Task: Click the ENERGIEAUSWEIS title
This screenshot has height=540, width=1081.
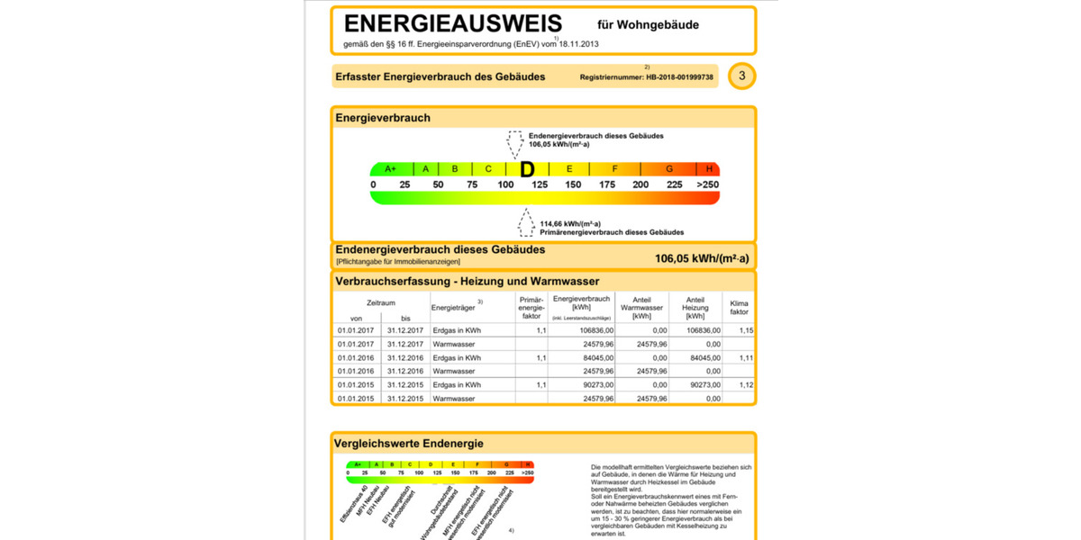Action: (x=452, y=24)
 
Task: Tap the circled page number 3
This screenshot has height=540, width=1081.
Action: (x=741, y=76)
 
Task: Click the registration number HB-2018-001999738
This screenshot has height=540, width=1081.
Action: (x=679, y=77)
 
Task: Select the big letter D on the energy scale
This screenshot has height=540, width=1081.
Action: (x=527, y=169)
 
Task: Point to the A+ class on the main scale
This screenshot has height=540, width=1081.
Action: (x=391, y=169)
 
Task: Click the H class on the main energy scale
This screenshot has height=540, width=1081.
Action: (x=710, y=169)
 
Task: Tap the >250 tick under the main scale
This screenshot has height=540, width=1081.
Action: (x=708, y=185)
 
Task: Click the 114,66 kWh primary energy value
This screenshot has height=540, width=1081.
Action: (x=577, y=223)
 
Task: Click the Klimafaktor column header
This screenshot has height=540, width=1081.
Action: (x=739, y=307)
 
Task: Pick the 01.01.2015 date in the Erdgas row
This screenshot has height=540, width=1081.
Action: (x=355, y=384)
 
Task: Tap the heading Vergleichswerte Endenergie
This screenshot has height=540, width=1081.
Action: (x=408, y=443)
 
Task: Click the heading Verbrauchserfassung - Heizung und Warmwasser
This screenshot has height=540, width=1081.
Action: (x=467, y=282)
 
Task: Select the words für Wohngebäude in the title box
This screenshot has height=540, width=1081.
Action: (x=648, y=25)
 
